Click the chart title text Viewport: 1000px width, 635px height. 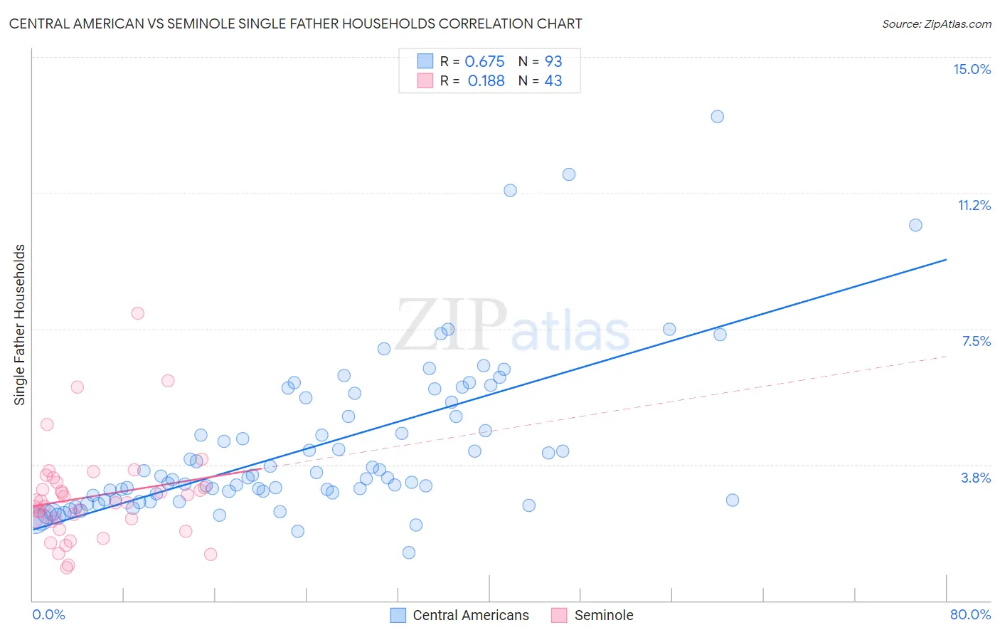click(x=295, y=23)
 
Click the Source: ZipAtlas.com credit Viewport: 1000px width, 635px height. click(x=936, y=23)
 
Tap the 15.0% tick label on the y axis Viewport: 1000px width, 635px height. click(x=972, y=69)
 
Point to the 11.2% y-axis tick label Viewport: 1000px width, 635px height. click(x=974, y=205)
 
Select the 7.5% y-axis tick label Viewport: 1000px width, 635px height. click(x=976, y=341)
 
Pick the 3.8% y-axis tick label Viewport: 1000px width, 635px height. click(x=976, y=478)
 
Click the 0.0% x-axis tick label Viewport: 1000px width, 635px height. click(x=48, y=614)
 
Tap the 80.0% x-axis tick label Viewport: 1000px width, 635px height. click(x=970, y=614)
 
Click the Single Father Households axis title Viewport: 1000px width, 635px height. click(x=19, y=325)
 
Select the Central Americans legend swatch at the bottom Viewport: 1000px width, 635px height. click(x=398, y=615)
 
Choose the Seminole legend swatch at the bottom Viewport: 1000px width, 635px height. click(x=560, y=615)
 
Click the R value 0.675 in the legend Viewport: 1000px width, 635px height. click(x=484, y=61)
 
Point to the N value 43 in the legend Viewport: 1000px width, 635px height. click(x=553, y=81)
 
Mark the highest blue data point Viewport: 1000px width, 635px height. click(x=717, y=117)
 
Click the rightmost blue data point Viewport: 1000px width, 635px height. click(x=915, y=225)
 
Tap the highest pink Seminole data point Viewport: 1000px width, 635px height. click(x=138, y=313)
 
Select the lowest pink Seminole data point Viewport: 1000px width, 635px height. click(x=66, y=567)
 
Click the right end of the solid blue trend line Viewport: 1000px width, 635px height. click(x=946, y=260)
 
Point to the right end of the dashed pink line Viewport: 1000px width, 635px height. click(x=946, y=355)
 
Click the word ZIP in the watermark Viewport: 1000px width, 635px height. click(x=451, y=325)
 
